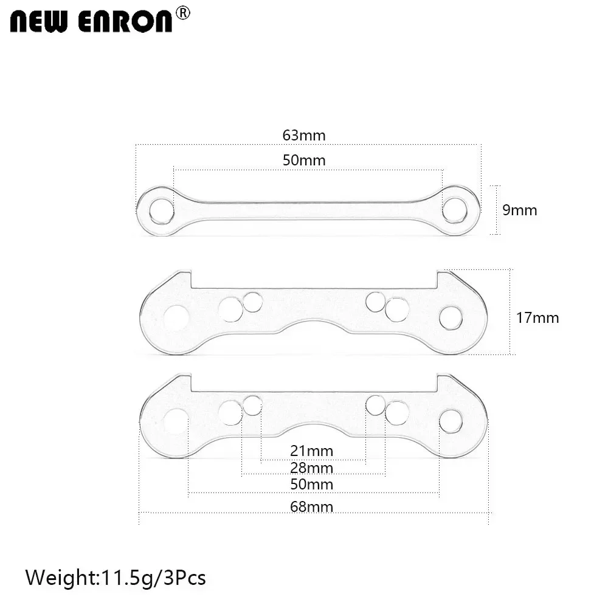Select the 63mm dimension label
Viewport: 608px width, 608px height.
click(x=304, y=135)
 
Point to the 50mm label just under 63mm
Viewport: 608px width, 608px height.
click(x=304, y=161)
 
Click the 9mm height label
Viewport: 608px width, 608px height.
click(x=520, y=210)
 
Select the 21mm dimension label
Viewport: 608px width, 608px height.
click(x=312, y=451)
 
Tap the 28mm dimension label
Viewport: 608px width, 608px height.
click(x=312, y=468)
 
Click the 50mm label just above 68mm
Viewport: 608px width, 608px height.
click(x=312, y=485)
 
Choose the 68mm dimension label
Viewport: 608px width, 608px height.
click(x=312, y=506)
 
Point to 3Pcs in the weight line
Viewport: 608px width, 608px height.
click(x=184, y=576)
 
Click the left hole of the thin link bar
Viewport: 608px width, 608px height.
click(x=161, y=210)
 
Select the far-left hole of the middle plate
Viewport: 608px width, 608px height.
click(x=176, y=318)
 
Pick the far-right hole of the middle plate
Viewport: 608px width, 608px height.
click(x=451, y=317)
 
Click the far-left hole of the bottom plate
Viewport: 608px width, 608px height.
click(x=176, y=421)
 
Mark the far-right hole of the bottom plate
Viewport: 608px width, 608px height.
click(x=451, y=421)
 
